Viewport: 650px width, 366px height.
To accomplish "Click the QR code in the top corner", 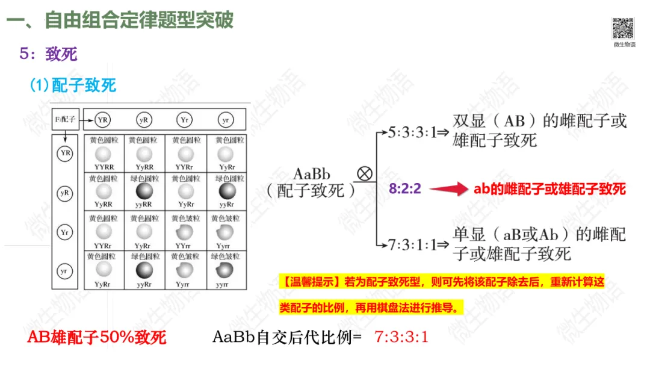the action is click(x=624, y=28).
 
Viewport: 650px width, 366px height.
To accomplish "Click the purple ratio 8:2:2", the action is click(x=405, y=189).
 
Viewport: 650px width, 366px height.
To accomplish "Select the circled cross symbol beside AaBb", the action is click(x=365, y=174).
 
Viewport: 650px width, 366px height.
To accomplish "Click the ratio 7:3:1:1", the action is click(x=412, y=244).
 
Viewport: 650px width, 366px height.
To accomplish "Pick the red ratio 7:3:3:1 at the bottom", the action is click(x=401, y=337).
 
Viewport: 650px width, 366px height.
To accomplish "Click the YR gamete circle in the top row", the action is click(x=103, y=120).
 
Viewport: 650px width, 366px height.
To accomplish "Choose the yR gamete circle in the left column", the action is click(x=64, y=193).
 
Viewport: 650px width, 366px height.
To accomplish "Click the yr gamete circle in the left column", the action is click(x=64, y=271).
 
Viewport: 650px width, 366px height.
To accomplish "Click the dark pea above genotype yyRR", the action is click(x=144, y=192).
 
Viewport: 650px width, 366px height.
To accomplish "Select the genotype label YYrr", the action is click(x=184, y=245).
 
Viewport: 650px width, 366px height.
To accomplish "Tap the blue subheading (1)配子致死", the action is click(x=73, y=85).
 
